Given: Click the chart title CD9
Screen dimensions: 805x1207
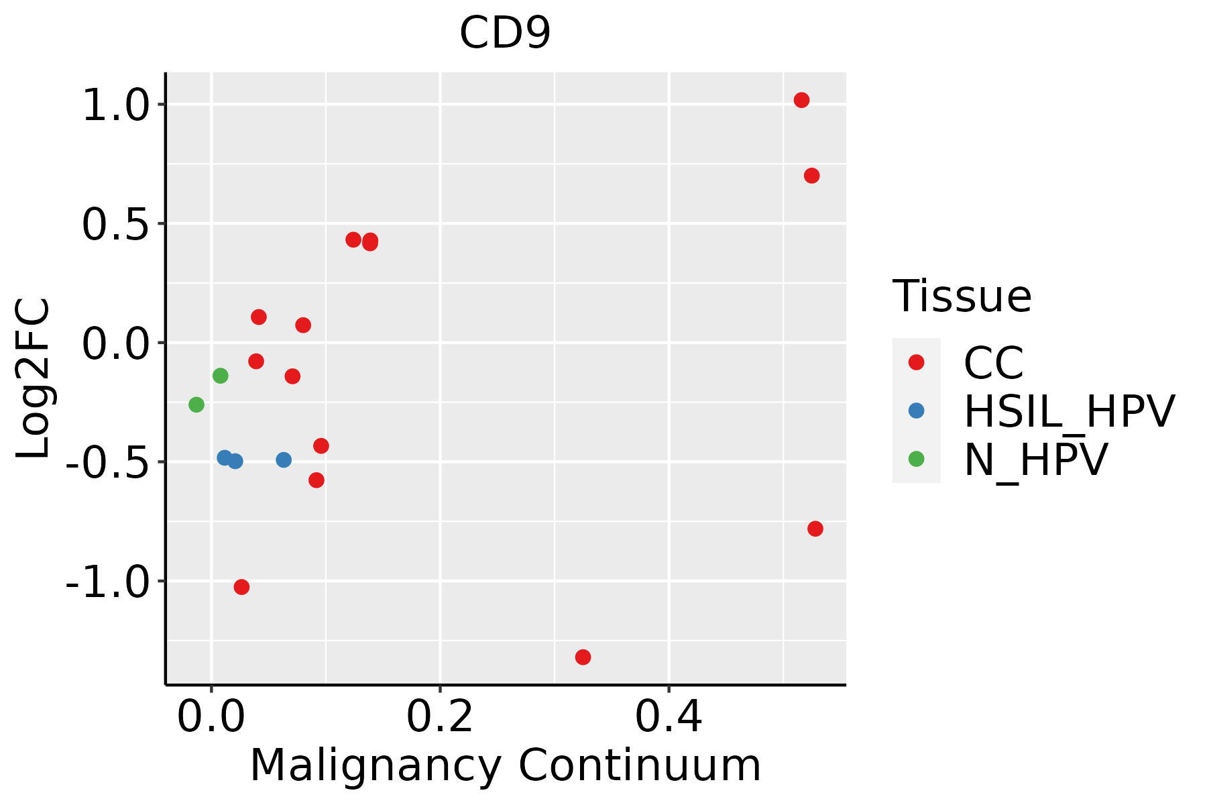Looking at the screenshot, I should (x=505, y=34).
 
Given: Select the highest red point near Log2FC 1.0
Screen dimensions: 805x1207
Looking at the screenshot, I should (x=801, y=100).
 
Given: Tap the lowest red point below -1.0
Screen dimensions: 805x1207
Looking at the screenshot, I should (x=583, y=657).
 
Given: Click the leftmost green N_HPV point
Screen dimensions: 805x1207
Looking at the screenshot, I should (x=196, y=405).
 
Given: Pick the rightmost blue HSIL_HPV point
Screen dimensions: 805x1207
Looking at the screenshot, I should (x=284, y=460).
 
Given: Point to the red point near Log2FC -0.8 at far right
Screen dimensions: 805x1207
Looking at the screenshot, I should (x=815, y=529).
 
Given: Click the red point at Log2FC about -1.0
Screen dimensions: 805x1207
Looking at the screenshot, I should (x=241, y=587).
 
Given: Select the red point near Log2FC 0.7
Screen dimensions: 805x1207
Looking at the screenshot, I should (x=811, y=176).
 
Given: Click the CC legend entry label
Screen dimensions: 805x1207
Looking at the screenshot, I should (x=993, y=363).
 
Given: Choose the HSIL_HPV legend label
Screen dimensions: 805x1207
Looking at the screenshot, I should (x=1069, y=411).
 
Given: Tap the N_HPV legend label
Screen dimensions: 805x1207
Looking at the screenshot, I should (x=1035, y=460).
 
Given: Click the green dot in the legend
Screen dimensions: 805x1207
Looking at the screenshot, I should (x=916, y=459).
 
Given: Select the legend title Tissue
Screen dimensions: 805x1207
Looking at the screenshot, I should (x=962, y=296).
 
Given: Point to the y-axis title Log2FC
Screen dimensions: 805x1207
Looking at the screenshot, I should (x=34, y=378).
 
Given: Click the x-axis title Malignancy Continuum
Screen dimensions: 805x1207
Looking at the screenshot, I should (x=505, y=765).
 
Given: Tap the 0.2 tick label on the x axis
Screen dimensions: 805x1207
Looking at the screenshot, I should (x=440, y=717).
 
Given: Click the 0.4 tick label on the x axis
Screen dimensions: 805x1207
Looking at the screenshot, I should (x=669, y=717).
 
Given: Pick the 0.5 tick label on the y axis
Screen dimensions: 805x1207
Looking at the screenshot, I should (x=115, y=225).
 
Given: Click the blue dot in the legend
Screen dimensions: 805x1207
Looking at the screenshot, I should (x=916, y=411).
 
